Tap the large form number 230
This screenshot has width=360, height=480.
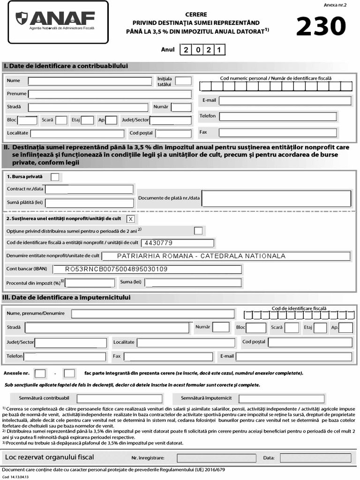click(322, 27)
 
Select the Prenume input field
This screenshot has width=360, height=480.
click(110, 94)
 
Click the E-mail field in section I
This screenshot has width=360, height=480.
click(285, 101)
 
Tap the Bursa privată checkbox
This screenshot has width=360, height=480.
click(55, 177)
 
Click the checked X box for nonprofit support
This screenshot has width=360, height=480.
click(130, 219)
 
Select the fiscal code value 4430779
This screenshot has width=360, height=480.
click(159, 243)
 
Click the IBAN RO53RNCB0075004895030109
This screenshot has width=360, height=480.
click(116, 269)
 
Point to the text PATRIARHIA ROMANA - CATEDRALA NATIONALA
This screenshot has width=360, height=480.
click(201, 256)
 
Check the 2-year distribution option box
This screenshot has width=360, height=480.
click(198, 231)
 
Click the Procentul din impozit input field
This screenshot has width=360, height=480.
click(90, 283)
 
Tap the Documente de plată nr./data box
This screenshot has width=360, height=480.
click(276, 198)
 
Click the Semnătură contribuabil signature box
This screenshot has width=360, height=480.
click(119, 398)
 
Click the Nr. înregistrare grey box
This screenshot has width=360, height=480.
click(217, 458)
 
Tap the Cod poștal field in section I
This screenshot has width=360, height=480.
click(173, 134)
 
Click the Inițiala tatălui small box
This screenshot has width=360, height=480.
click(183, 81)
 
